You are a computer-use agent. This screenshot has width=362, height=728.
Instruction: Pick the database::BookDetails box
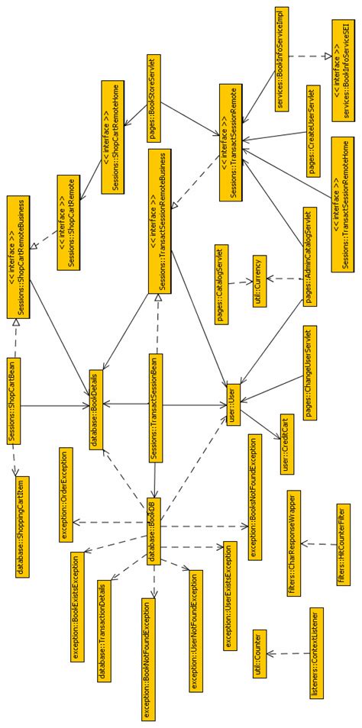point(99,398)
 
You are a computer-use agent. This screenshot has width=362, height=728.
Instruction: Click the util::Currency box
point(260,291)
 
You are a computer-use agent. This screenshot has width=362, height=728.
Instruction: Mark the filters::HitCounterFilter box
point(342,543)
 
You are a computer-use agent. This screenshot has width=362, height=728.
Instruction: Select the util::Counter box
point(260,653)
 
